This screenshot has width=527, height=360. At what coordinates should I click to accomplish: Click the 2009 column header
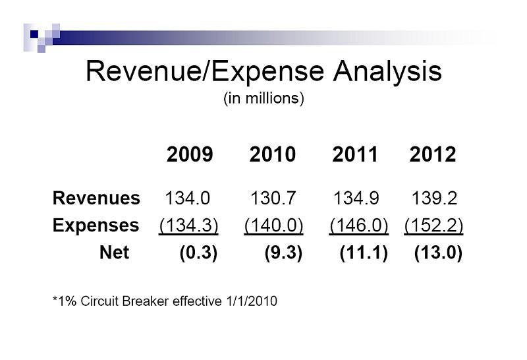[190, 155]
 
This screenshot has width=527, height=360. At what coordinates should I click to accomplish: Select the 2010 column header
[273, 155]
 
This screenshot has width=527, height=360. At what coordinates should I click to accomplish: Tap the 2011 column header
[356, 155]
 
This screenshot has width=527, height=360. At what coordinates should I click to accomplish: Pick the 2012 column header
[432, 155]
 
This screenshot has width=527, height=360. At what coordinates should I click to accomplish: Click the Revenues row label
[96, 198]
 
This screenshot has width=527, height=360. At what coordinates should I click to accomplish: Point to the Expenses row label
[96, 225]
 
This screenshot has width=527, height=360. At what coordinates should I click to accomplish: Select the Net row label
[114, 253]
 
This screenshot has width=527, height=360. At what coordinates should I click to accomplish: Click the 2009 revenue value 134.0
[188, 198]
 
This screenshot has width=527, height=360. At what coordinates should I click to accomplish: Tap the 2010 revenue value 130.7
[273, 198]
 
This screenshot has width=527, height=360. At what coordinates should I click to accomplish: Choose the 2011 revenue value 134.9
[356, 198]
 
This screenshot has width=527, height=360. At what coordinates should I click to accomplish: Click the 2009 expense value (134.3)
[189, 225]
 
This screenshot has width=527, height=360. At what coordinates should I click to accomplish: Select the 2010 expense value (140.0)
[273, 225]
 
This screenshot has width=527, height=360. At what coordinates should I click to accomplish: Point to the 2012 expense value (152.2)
[433, 225]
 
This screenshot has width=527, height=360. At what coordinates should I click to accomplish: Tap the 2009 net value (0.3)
[198, 253]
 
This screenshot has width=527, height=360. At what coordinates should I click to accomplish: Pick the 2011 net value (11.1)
[364, 253]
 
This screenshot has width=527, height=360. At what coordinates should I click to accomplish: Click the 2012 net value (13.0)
[438, 253]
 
